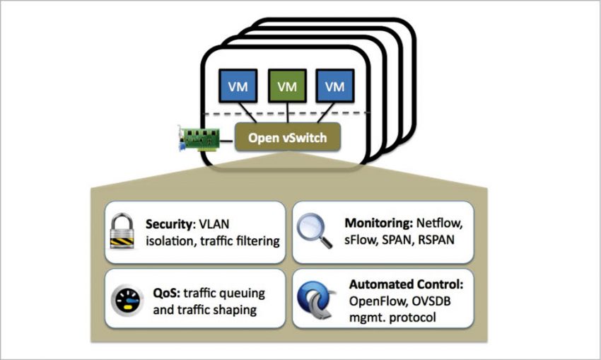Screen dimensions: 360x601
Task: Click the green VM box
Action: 287,86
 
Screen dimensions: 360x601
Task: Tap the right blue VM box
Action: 334,86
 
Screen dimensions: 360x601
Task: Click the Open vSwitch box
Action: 287,138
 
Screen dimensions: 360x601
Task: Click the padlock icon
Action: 124,231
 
